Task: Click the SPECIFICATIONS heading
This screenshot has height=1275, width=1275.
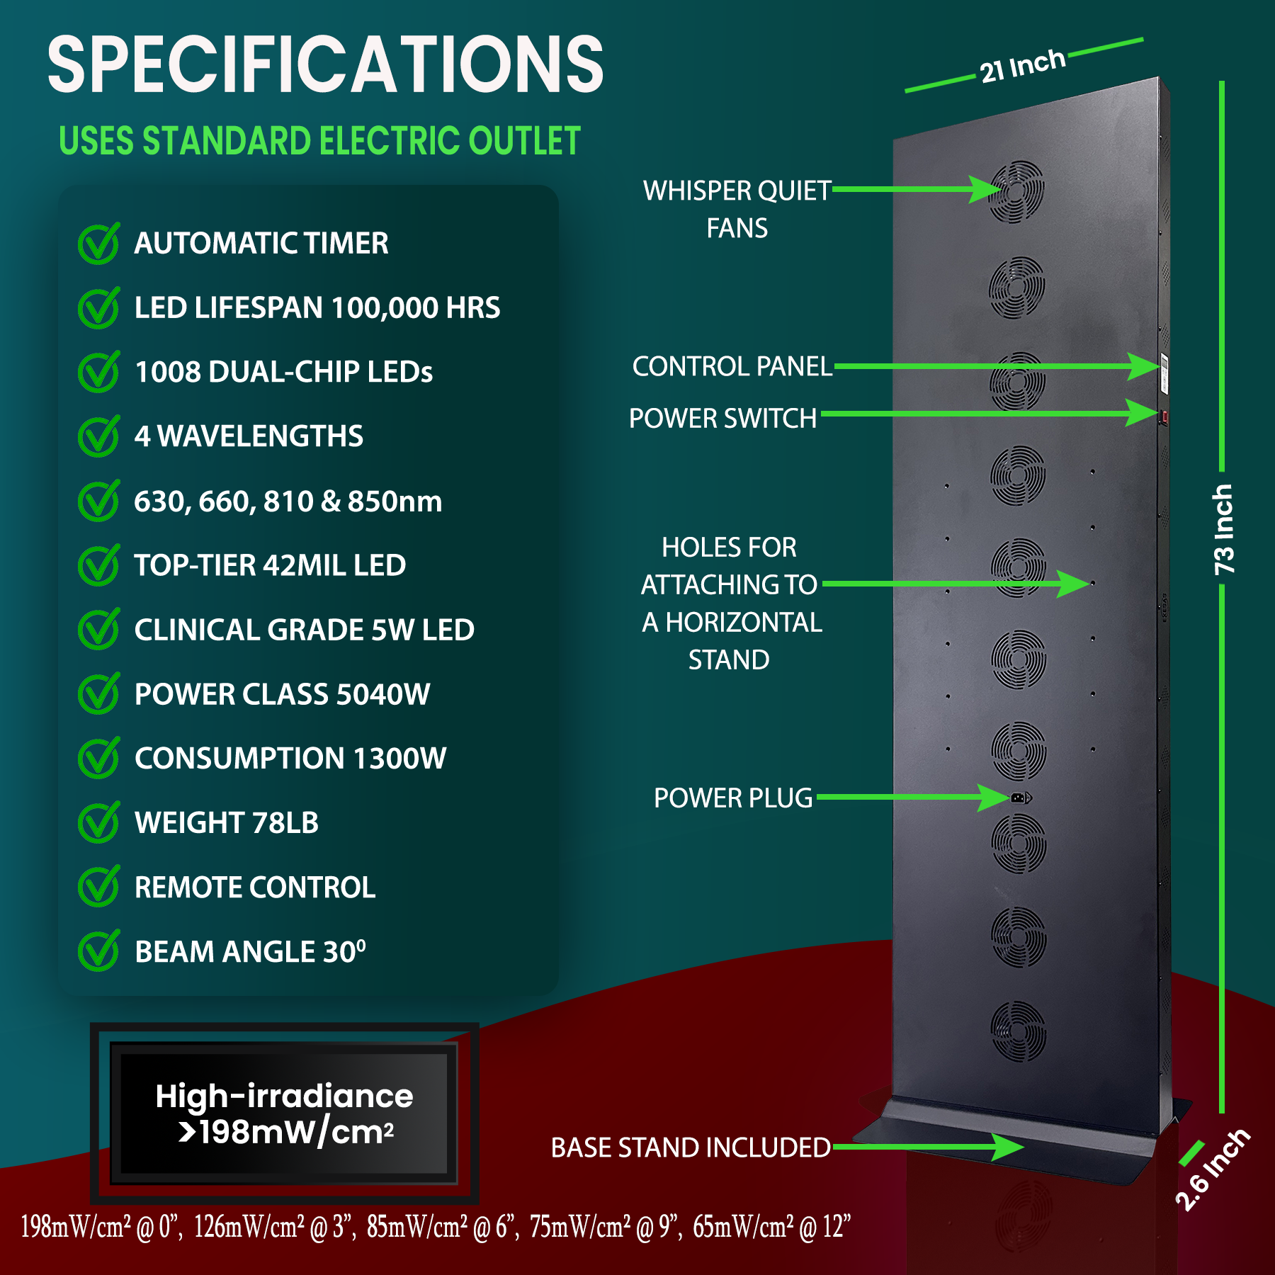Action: tap(325, 65)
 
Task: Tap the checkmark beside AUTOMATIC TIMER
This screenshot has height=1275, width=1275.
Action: tap(98, 244)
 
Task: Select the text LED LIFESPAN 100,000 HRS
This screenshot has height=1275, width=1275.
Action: tap(317, 308)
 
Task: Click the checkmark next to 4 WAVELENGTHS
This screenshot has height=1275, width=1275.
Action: tap(98, 436)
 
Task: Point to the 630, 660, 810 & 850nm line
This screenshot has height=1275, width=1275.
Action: tap(288, 501)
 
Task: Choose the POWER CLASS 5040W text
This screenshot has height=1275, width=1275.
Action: tap(282, 694)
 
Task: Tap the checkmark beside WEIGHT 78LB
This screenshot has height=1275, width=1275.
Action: tap(98, 822)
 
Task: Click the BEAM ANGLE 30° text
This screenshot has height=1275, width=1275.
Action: tap(250, 951)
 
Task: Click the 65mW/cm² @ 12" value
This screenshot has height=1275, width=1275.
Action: tap(771, 1227)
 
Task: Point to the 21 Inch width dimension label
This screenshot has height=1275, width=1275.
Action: tap(1022, 66)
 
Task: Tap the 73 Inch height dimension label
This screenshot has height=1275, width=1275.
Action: tap(1223, 529)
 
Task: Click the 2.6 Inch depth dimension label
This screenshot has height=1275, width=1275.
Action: tap(1212, 1169)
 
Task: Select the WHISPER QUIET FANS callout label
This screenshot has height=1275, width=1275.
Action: tap(737, 209)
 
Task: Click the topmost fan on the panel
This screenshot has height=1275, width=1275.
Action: tap(1016, 191)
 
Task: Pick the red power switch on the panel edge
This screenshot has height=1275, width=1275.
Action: tap(1164, 416)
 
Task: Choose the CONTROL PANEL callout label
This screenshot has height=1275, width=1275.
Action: tap(732, 367)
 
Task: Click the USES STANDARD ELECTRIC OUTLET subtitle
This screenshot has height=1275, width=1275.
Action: tap(319, 141)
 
